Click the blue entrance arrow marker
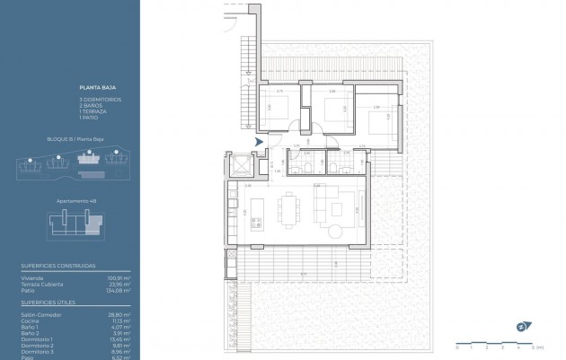click(260, 142)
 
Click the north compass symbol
click(522, 327)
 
